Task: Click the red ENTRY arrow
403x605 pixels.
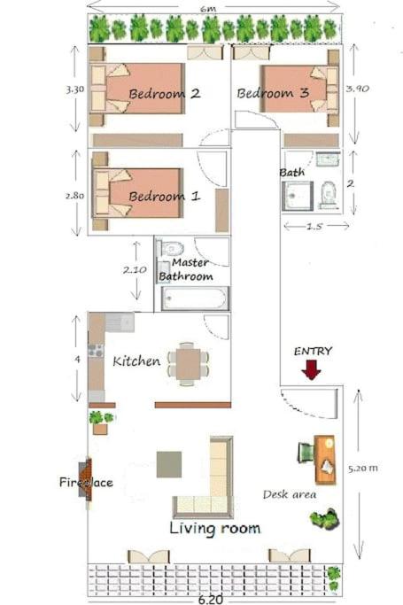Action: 310,369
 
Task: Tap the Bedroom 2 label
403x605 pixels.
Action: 164,93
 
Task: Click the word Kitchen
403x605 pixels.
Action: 136,361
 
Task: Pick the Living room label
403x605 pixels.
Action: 215,528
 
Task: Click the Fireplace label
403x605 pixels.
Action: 86,483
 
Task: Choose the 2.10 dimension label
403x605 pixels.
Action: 134,268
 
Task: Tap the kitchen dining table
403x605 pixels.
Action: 189,362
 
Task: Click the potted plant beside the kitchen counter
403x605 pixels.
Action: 100,421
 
